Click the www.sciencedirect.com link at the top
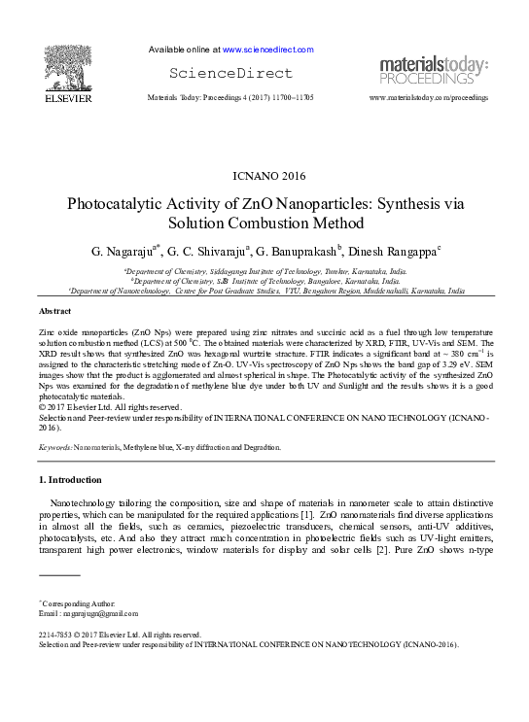(267, 49)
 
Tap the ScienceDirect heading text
(230, 73)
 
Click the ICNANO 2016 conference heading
(264, 176)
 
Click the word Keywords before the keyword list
(55, 447)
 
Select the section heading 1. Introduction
(69, 480)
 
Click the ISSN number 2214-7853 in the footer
(55, 634)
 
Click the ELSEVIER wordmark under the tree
(67, 98)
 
